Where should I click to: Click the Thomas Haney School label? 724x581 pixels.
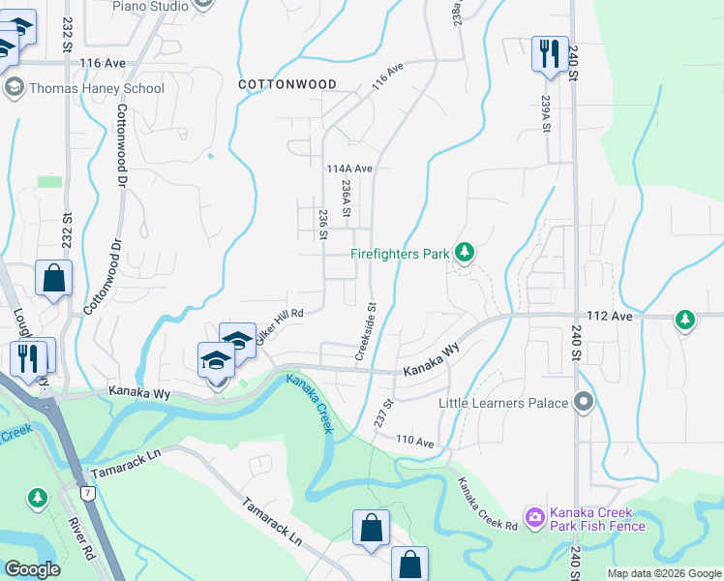point(97,88)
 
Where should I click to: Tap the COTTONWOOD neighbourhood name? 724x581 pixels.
point(287,84)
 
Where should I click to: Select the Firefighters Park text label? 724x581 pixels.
point(400,255)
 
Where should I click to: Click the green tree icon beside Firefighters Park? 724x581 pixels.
point(465,253)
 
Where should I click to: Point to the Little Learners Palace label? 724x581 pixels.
point(503,402)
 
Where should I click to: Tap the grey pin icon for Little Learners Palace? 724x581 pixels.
point(583,401)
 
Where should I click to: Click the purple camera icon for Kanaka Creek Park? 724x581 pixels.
point(534,519)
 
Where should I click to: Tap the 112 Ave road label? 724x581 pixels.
point(607,317)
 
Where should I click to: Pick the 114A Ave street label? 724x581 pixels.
point(349,168)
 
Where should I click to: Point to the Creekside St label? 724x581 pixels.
point(365,332)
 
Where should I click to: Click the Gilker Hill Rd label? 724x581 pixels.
point(280,314)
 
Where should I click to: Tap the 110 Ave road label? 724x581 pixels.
point(415,441)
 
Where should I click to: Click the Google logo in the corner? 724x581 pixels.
point(32,569)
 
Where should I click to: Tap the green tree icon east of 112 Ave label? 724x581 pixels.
point(685,320)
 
